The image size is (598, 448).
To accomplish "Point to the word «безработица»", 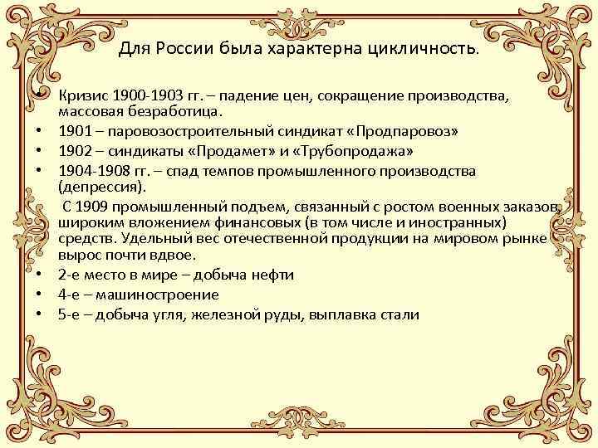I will pyautogui.click(x=177, y=110).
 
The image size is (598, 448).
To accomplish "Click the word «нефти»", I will pyautogui.click(x=274, y=275).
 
